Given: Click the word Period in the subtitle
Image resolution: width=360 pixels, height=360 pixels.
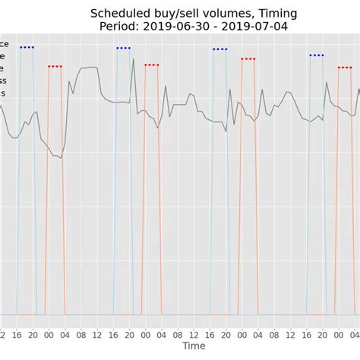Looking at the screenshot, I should (x=121, y=27).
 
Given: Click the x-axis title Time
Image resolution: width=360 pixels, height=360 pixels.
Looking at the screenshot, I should (x=194, y=346).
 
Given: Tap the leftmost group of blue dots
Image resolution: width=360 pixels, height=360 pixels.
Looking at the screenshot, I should (x=27, y=47).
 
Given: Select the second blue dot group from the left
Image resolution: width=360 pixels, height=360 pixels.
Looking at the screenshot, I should (x=123, y=48).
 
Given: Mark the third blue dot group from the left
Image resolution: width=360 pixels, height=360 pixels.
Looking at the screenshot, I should (x=219, y=49).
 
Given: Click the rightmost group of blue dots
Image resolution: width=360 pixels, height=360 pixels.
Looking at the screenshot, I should (x=317, y=55).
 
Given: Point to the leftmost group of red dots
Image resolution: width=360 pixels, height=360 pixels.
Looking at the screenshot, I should (x=55, y=66).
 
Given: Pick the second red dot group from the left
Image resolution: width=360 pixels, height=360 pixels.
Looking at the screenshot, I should (x=151, y=65).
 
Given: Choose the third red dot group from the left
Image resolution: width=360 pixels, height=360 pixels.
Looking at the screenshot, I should (x=248, y=58).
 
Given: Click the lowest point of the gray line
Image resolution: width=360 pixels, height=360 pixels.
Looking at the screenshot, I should (x=61, y=158).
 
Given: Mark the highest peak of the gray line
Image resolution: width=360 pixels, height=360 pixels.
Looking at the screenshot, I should (x=133, y=58).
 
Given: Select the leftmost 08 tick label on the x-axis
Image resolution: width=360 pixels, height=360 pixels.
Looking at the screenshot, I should (x=81, y=334).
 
